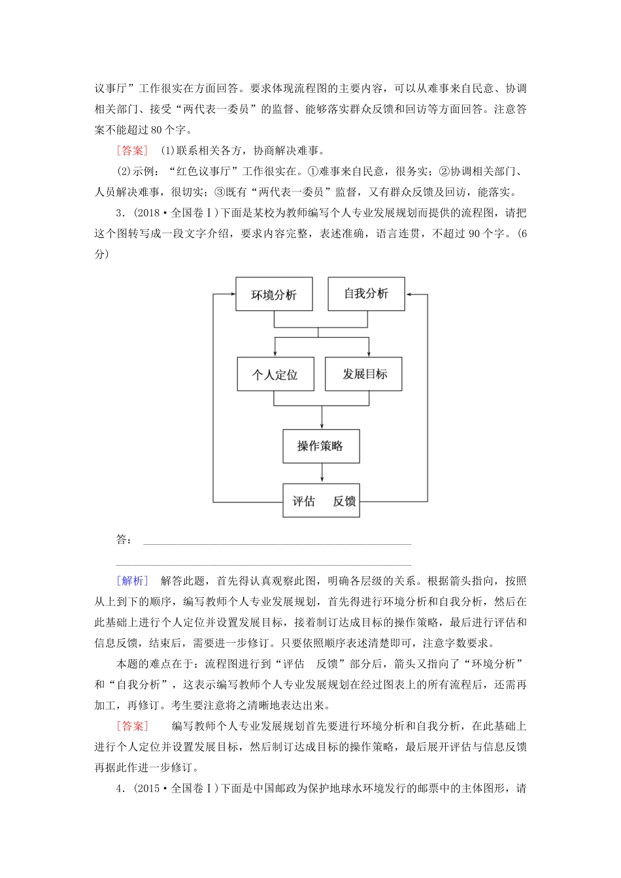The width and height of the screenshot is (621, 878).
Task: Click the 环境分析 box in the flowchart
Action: [274, 295]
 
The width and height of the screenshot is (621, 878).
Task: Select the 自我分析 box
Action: [366, 293]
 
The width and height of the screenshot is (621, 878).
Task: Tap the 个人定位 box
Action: [275, 374]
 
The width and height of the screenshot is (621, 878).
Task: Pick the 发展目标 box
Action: [363, 374]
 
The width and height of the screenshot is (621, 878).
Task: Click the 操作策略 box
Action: [321, 446]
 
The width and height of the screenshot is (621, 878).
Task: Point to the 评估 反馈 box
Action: [321, 501]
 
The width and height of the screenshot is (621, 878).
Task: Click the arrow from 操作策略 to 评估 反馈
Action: [322, 473]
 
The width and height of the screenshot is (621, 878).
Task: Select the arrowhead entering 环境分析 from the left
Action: [231, 294]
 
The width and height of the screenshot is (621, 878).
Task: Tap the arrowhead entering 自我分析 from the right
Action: [410, 294]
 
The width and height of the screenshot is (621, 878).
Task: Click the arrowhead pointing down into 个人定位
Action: [275, 353]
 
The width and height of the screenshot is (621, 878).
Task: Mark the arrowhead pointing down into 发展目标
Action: [369, 353]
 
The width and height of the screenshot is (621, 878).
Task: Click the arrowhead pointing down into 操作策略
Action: [322, 425]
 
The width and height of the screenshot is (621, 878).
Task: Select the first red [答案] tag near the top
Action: [133, 151]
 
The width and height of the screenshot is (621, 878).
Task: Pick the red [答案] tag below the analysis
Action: [133, 726]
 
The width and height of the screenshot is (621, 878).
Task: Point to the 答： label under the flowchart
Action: [124, 540]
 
